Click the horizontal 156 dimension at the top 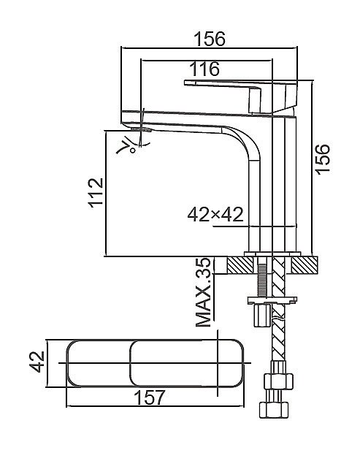pyautogui.click(x=210, y=39)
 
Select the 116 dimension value pyautogui.click(x=204, y=69)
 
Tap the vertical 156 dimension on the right pyautogui.click(x=323, y=159)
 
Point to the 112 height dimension pyautogui.click(x=96, y=193)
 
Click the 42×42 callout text pyautogui.click(x=215, y=214)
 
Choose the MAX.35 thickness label pyautogui.click(x=203, y=292)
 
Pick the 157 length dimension pyautogui.click(x=150, y=397)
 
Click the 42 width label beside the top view pyautogui.click(x=37, y=362)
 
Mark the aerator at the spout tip pyautogui.click(x=142, y=129)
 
